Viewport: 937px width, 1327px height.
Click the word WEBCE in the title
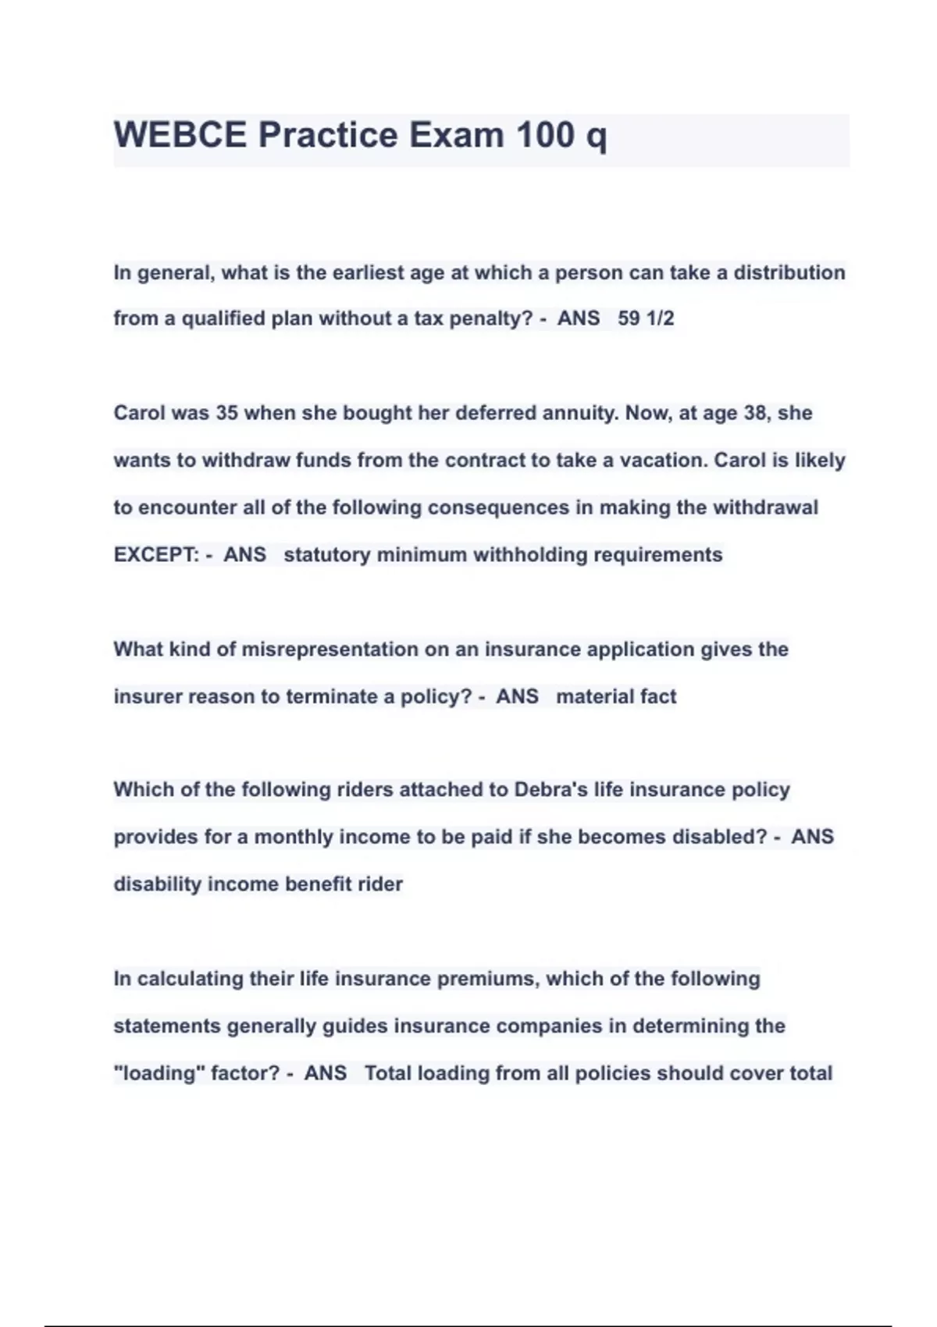coord(180,135)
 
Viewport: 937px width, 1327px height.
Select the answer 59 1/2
coord(646,318)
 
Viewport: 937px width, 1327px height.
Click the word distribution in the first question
coord(789,272)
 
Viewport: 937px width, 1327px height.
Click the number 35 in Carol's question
coord(226,413)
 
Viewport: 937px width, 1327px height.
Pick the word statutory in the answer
coord(326,555)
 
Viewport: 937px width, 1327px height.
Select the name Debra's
coord(550,790)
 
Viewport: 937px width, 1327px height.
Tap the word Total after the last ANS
coord(388,1073)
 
